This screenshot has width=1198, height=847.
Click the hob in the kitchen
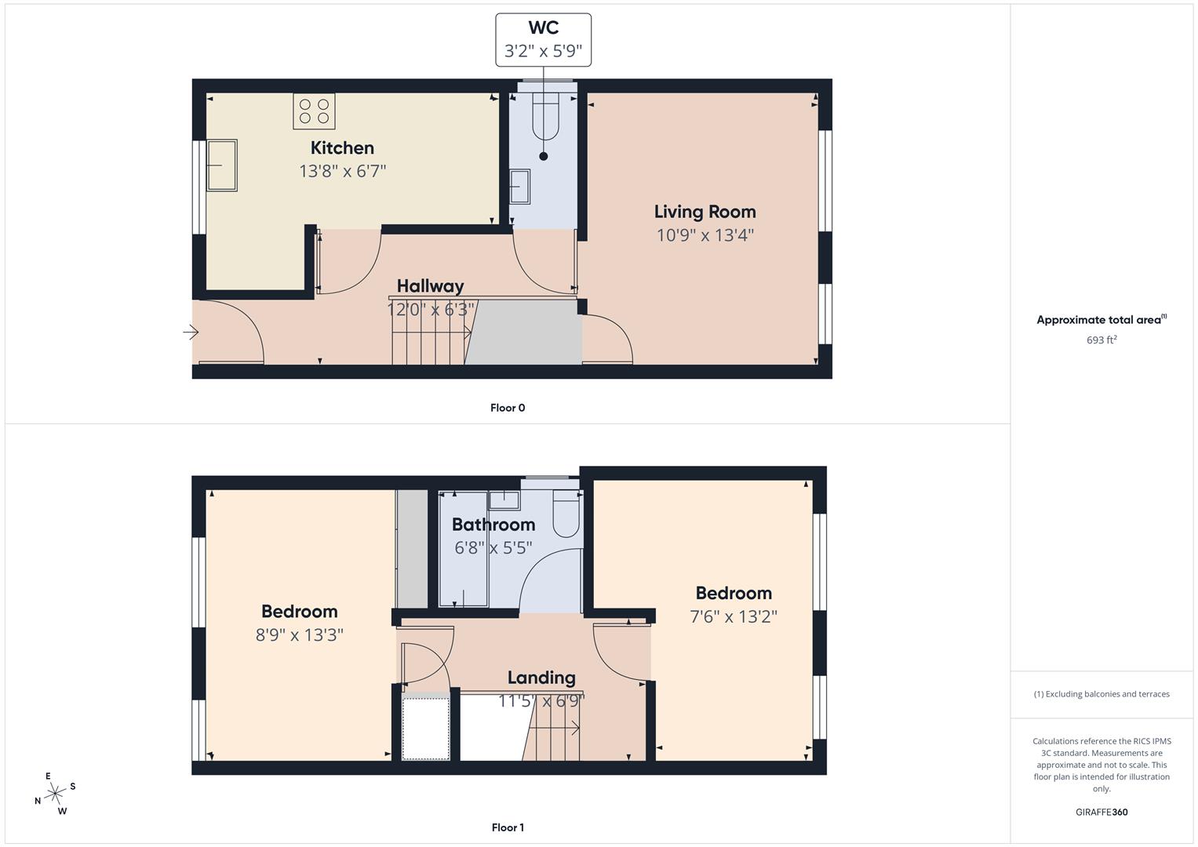315,111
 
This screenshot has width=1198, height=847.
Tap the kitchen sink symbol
221,165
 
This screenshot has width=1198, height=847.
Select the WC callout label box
543,39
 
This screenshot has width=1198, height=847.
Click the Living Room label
705,212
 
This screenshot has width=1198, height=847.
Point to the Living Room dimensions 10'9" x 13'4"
705,234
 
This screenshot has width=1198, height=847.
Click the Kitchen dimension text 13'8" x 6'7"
342,171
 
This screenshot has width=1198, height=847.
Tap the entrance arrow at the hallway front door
191,333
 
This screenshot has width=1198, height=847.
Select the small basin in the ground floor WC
520,187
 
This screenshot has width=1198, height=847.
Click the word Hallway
430,286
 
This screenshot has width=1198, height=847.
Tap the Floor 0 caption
508,408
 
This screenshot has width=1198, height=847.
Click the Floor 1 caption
508,827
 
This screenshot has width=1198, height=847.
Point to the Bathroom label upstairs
493,525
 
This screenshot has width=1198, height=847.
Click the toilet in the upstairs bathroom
566,514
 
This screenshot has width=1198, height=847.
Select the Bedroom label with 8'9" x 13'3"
299,612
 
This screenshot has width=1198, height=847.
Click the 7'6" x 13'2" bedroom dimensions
733,616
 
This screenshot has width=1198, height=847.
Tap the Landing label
541,678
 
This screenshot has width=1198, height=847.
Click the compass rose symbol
55,794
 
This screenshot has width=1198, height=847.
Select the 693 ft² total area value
1101,340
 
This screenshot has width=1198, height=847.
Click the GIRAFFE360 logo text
1101,812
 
